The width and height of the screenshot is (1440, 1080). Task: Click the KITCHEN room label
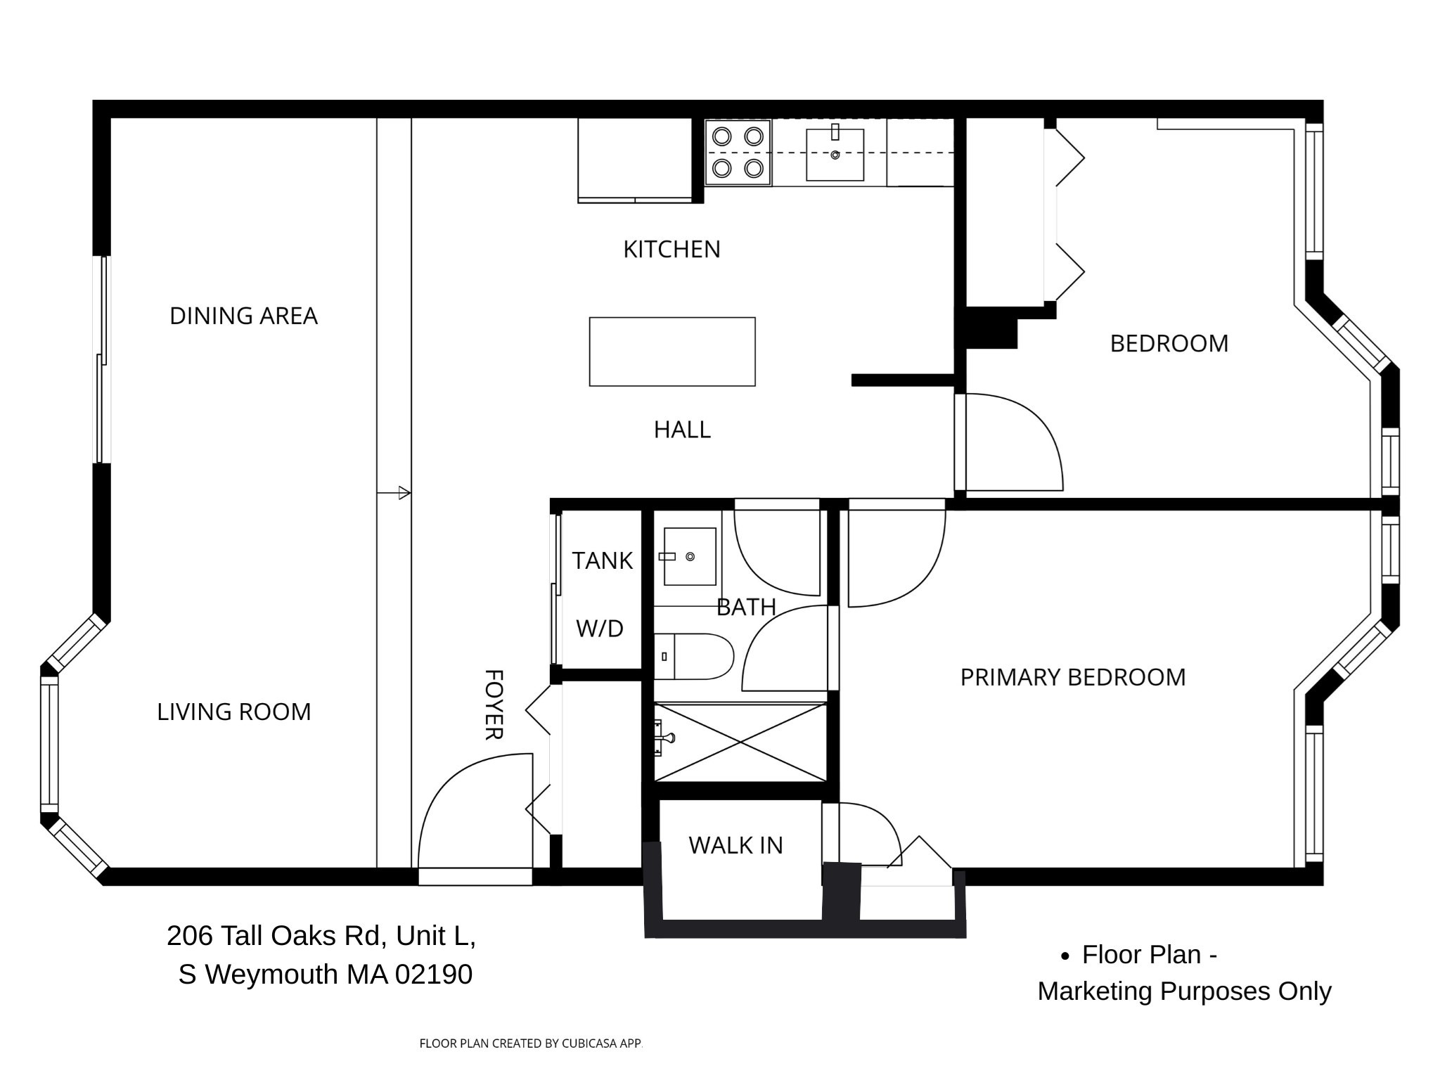pos(671,250)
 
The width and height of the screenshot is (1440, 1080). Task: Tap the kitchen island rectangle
pos(671,352)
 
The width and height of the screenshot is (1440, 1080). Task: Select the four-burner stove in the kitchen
pos(738,152)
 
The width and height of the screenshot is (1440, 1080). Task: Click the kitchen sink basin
pos(835,155)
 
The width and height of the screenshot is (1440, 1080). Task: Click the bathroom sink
pos(690,557)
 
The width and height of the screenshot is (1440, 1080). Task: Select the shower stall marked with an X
pos(740,742)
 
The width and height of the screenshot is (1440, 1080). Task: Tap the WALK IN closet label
pos(735,845)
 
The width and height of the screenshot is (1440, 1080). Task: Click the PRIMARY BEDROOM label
pos(1072,677)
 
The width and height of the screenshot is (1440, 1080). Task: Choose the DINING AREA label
pos(243,316)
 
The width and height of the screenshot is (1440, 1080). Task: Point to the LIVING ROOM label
pos(233,712)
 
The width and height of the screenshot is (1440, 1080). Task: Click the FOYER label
pos(494,705)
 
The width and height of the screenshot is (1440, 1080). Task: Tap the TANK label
pos(602,561)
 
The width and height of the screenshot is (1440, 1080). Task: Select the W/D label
pos(600,629)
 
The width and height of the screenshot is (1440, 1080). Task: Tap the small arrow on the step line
pos(404,493)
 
